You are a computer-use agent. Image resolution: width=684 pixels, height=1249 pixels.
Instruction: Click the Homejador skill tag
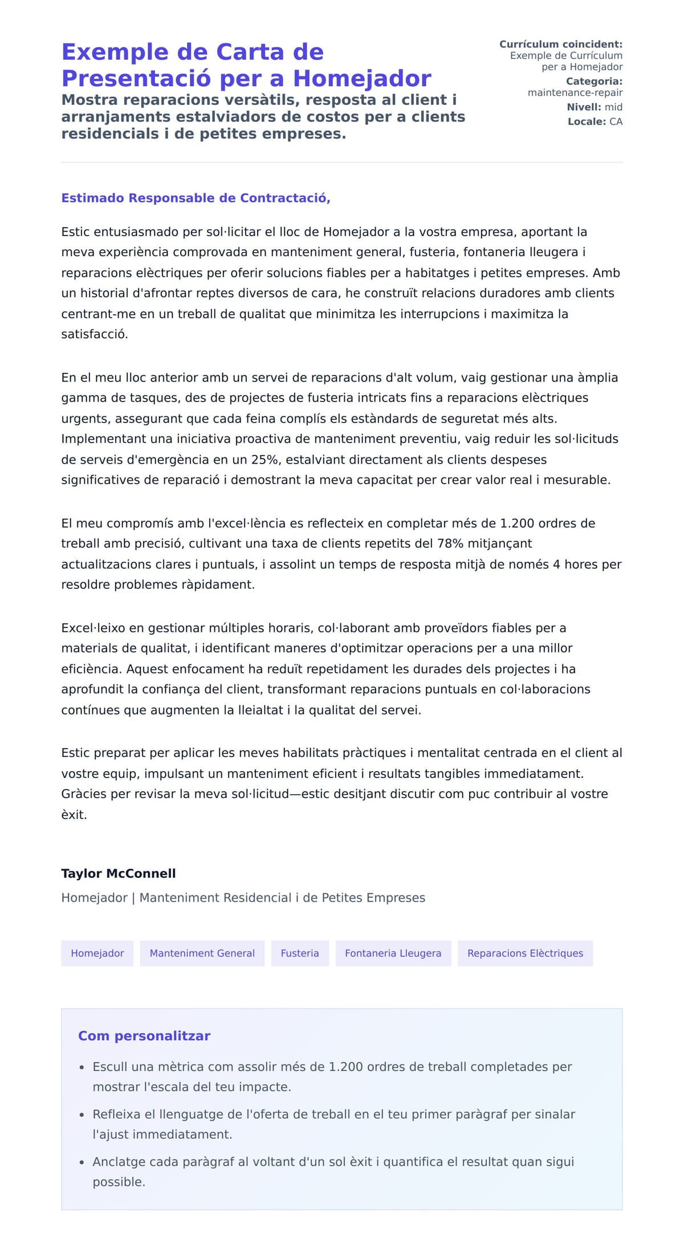(97, 953)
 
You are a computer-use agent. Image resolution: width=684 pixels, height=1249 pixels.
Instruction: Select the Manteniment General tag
(202, 953)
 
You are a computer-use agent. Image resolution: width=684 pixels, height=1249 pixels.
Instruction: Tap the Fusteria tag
(300, 953)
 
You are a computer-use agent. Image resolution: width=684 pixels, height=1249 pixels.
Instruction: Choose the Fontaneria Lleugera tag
(393, 953)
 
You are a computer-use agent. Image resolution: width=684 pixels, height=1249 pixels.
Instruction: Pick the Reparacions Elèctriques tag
(525, 953)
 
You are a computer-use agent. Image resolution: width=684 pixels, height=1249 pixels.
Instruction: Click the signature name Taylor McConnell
(119, 873)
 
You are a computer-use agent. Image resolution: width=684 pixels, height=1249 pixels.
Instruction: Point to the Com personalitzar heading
(144, 1036)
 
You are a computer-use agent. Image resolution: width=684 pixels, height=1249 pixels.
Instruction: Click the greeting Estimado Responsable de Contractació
(196, 198)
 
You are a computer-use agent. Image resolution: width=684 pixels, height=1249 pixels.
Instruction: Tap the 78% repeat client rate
(450, 544)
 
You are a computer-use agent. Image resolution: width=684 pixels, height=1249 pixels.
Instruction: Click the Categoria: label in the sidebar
(594, 82)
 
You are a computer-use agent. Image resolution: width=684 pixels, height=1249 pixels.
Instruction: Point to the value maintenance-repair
(575, 92)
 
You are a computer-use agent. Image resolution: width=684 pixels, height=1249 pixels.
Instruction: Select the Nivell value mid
(613, 107)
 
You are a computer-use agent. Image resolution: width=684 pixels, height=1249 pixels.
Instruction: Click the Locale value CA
(616, 121)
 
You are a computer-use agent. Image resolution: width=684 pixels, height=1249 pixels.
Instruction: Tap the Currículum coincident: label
(561, 44)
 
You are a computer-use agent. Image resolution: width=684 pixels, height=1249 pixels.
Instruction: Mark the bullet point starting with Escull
(82, 1067)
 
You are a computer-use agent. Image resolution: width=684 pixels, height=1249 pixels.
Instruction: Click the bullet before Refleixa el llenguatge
(82, 1114)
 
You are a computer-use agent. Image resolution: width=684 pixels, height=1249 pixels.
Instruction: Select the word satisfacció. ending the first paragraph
(95, 334)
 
